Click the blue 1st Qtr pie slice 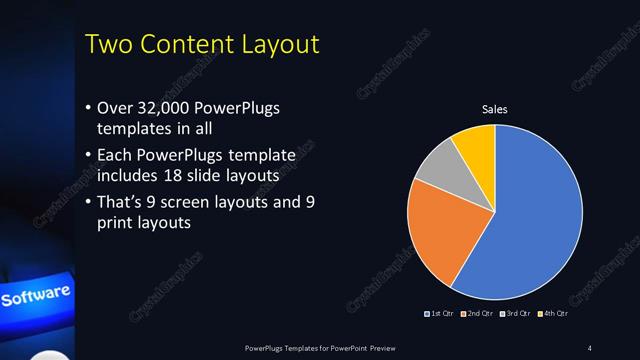530,220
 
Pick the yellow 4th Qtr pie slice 474,148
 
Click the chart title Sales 495,108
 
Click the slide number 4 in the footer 590,348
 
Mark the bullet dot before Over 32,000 88,109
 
